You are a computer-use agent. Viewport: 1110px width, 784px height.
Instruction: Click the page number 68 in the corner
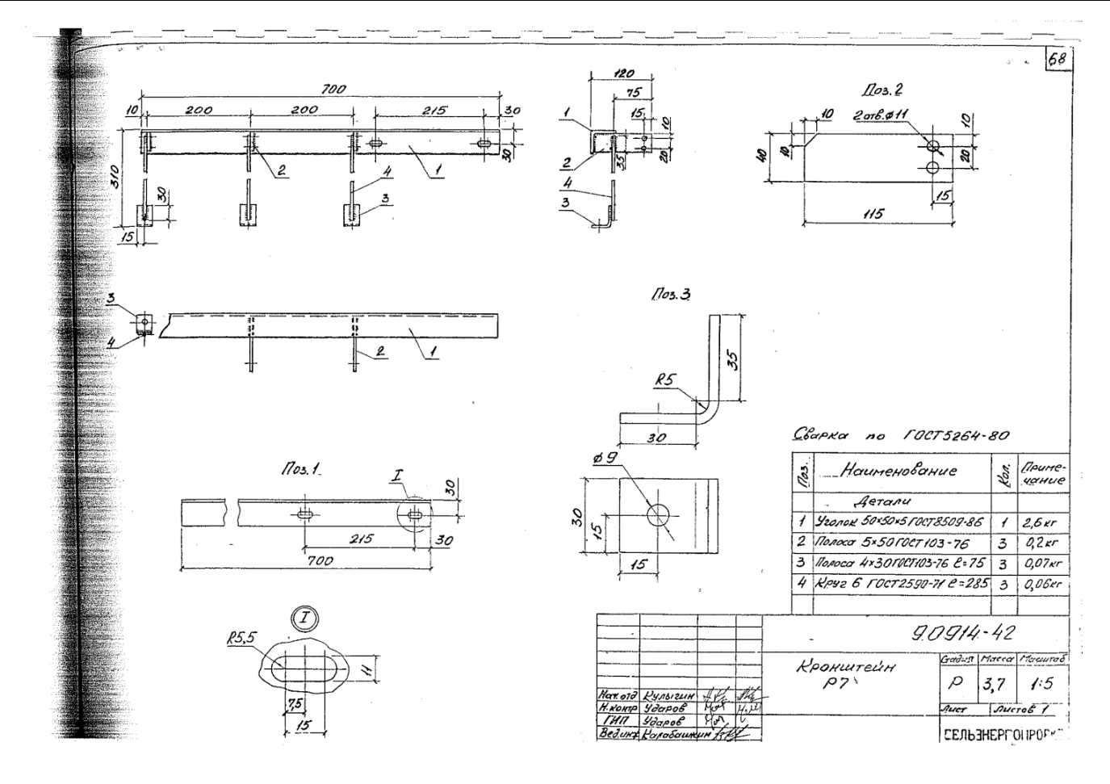[x=1058, y=59]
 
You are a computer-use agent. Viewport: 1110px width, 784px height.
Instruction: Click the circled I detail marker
[x=305, y=620]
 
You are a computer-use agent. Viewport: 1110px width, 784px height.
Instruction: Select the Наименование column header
[x=898, y=471]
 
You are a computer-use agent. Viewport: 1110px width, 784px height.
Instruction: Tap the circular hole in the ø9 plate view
[x=663, y=514]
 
